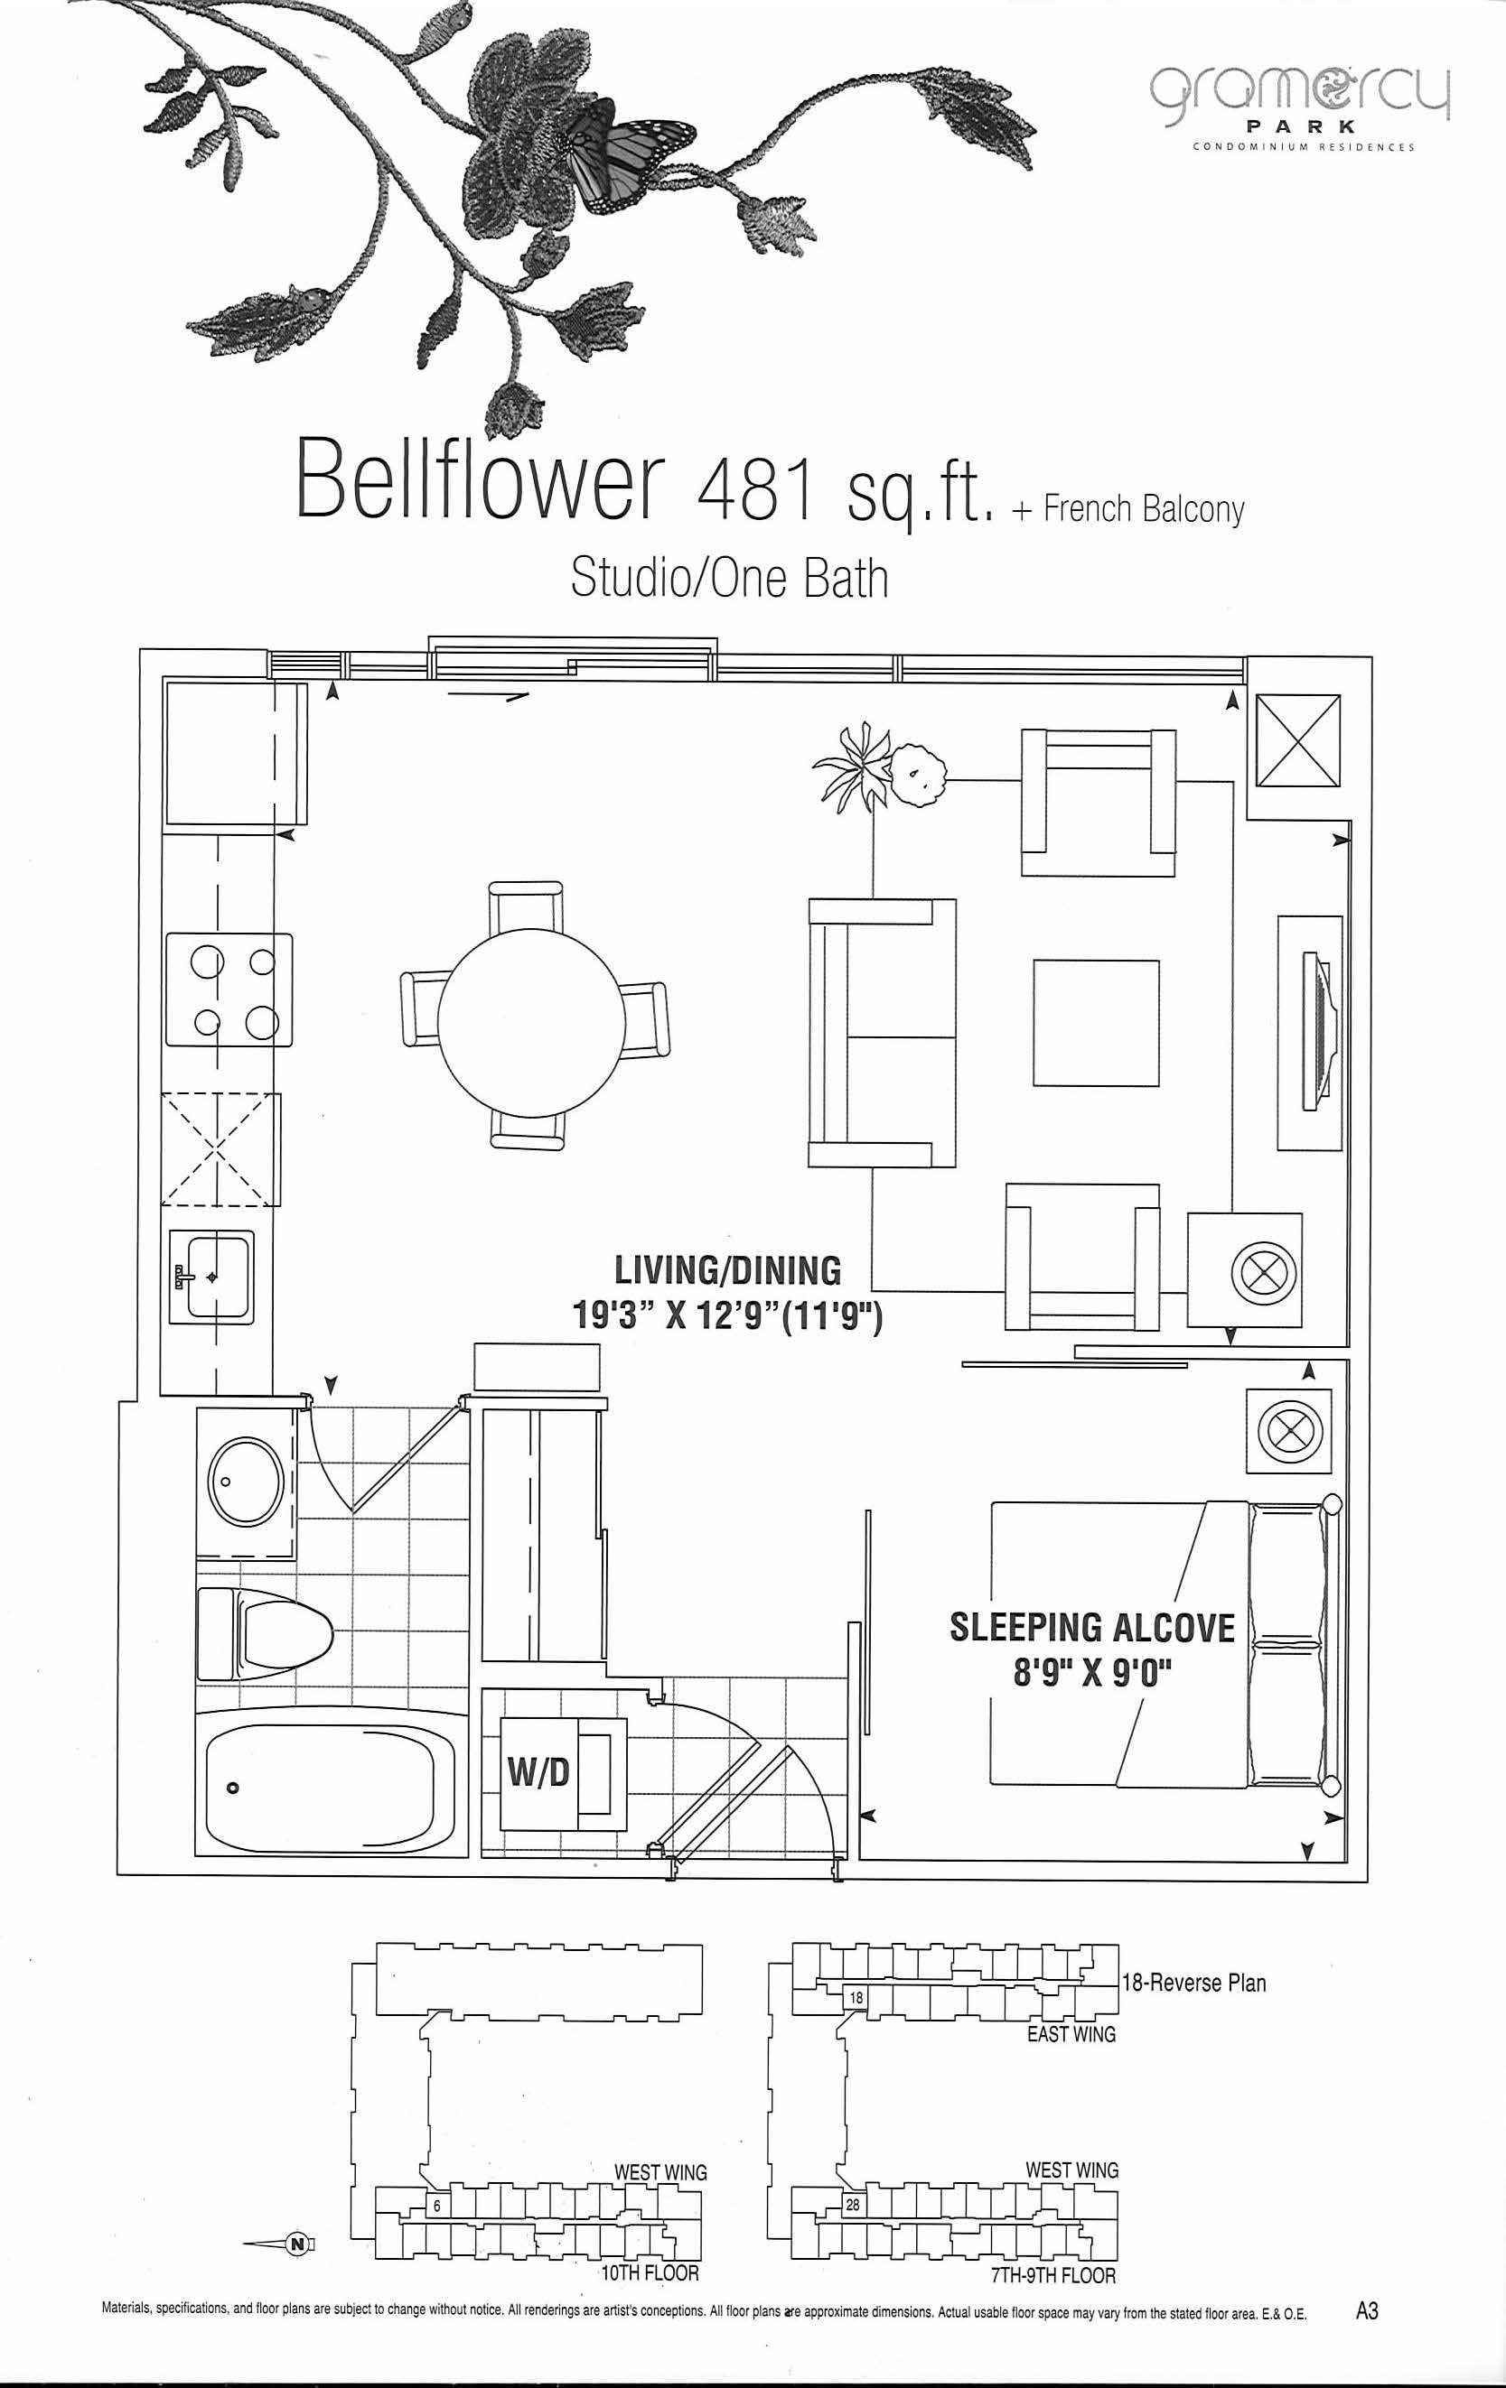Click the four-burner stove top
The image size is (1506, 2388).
(x=229, y=989)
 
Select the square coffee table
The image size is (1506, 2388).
(x=1095, y=1021)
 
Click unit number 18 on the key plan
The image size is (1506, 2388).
(x=856, y=1997)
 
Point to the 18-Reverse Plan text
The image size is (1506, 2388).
(x=1193, y=1983)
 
